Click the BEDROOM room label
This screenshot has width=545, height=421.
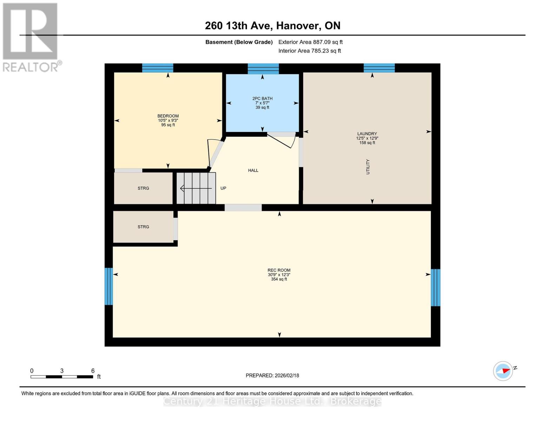[x=168, y=116]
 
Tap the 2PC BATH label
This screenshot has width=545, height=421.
[x=262, y=99]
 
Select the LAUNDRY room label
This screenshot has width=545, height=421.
[x=367, y=134]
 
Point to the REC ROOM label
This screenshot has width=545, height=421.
[x=279, y=270]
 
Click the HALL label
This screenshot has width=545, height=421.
[x=253, y=171]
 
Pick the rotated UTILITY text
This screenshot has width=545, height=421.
[x=368, y=167]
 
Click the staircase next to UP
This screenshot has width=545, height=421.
[x=196, y=188]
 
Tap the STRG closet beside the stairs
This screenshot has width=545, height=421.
[x=143, y=188]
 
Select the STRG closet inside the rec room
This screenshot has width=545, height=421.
[x=143, y=227]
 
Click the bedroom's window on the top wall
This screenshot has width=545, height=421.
[x=158, y=68]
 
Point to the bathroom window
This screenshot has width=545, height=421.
[x=263, y=68]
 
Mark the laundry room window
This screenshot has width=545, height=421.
[x=379, y=68]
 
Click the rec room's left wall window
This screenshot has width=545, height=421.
[x=108, y=286]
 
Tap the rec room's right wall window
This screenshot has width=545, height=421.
[x=436, y=287]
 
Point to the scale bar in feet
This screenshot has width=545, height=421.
[x=62, y=377]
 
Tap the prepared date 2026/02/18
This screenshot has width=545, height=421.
[x=272, y=375]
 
